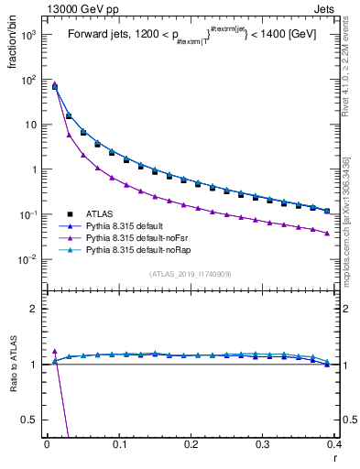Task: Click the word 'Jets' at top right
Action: coord(325,8)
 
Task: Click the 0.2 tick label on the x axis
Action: coord(191,444)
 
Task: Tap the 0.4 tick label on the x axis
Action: coord(334,444)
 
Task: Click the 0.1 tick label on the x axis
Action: coord(118,444)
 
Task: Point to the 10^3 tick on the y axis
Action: coord(27,35)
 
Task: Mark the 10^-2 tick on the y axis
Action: coord(27,259)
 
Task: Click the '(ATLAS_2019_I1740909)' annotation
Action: coord(191,273)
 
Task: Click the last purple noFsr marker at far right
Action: coord(327,234)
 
